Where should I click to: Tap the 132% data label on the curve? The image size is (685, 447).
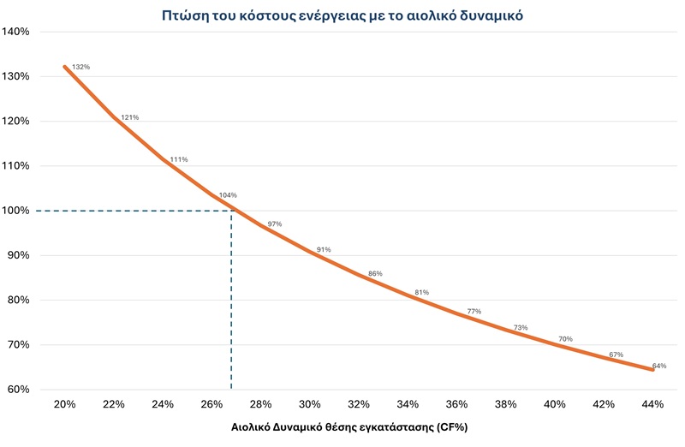point(80,67)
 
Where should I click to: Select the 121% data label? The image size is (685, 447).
point(130,117)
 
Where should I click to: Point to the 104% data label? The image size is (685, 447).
point(228,195)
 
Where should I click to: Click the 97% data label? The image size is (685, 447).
point(275,224)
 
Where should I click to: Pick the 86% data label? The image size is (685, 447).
point(374,274)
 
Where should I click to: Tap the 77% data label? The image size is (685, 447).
point(474,311)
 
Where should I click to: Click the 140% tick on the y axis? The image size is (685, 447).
point(16,32)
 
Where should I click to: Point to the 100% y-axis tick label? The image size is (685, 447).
point(16,211)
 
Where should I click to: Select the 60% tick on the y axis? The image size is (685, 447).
point(19,390)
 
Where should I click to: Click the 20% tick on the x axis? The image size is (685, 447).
point(65,404)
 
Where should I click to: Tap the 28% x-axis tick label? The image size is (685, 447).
point(261,404)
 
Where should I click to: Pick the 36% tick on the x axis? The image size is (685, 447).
point(457,404)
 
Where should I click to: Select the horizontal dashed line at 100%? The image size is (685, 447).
point(128,211)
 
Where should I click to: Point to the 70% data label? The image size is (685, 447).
point(565,339)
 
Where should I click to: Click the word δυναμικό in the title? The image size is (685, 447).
point(488,15)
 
